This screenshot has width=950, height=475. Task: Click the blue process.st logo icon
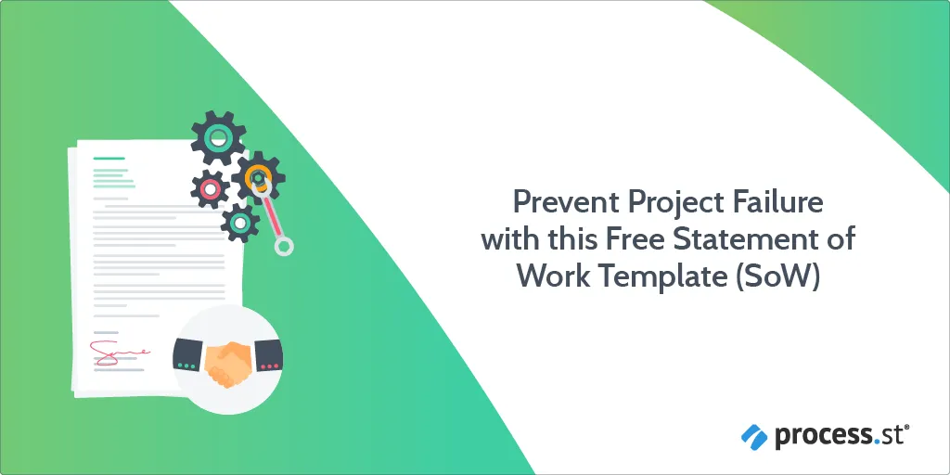click(754, 436)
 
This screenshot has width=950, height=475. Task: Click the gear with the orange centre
click(259, 177)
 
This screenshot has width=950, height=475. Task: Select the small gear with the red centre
click(211, 189)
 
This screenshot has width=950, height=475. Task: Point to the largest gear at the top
click(218, 138)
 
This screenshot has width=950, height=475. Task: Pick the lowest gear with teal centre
click(240, 223)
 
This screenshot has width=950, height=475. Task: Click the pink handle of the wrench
click(272, 216)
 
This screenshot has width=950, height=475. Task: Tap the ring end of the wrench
click(284, 246)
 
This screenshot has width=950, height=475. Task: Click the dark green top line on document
click(109, 159)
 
